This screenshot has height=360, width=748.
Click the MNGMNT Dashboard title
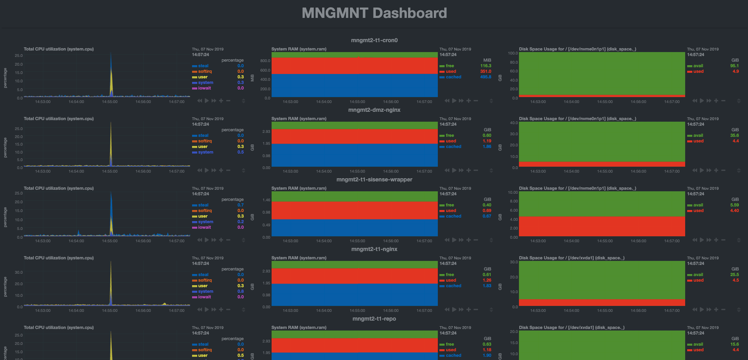(x=374, y=13)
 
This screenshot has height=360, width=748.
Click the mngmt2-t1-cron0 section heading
(x=374, y=40)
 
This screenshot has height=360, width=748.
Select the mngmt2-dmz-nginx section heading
(x=374, y=110)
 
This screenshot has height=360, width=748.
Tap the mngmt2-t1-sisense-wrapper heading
(x=374, y=179)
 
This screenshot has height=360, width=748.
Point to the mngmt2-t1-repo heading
(x=374, y=319)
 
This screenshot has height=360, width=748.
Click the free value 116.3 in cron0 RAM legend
(x=486, y=66)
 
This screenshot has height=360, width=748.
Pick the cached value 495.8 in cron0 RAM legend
(x=486, y=77)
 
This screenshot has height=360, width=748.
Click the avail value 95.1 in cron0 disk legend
(x=734, y=66)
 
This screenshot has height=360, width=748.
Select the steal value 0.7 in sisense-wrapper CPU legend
(x=241, y=205)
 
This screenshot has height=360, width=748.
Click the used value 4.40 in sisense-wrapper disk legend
(x=734, y=211)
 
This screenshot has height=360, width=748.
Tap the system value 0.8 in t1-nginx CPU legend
(x=241, y=292)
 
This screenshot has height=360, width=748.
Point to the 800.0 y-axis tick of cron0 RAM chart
(x=265, y=61)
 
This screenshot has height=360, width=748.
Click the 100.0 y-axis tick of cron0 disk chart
(x=513, y=53)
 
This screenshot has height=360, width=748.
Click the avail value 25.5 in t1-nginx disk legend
(x=734, y=275)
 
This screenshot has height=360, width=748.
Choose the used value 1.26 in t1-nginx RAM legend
(x=487, y=280)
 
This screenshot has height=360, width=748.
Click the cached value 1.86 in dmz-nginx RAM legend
(x=487, y=147)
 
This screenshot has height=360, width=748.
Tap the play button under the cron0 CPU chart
(x=207, y=101)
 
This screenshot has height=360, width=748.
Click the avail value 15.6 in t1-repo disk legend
(x=734, y=344)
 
